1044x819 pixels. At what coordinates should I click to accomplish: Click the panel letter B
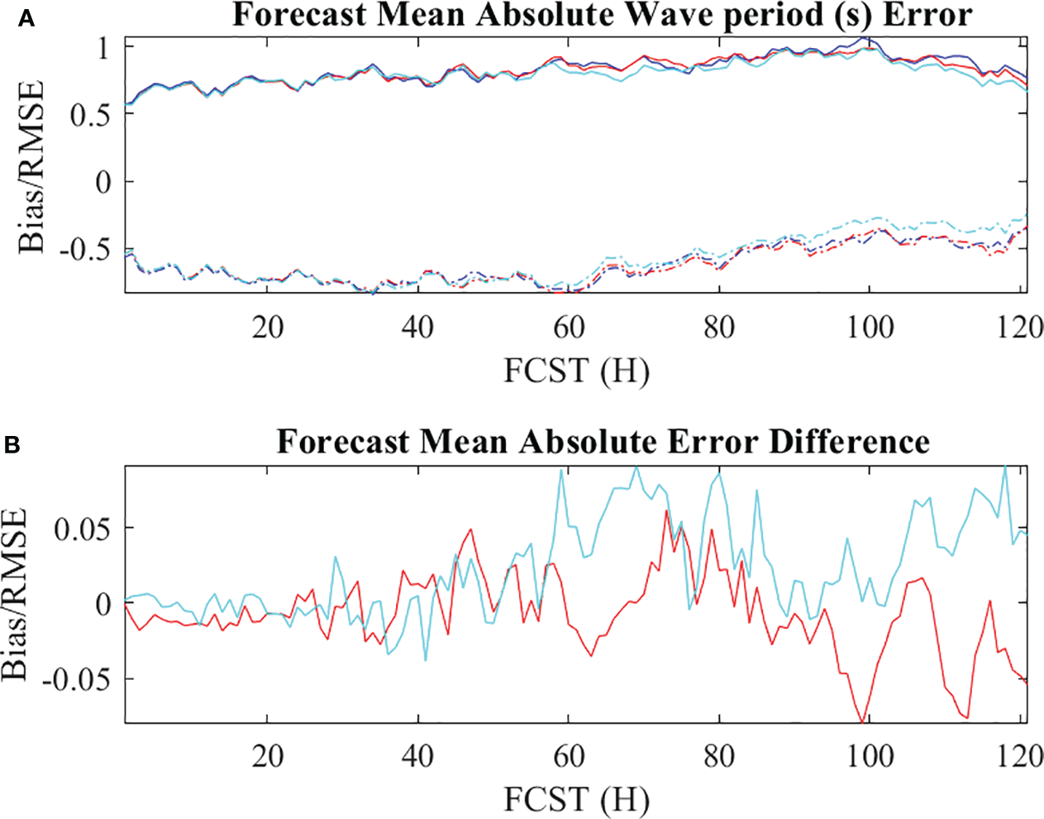pyautogui.click(x=12, y=445)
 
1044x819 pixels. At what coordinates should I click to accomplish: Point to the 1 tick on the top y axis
pyautogui.click(x=102, y=48)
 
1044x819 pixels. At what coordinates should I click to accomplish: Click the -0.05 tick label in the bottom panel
pyautogui.click(x=78, y=679)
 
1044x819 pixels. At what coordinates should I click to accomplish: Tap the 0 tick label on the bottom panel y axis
pyautogui.click(x=102, y=604)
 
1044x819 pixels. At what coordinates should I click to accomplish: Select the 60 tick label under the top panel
pyautogui.click(x=569, y=328)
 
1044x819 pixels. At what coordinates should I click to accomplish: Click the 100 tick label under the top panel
pyautogui.click(x=870, y=328)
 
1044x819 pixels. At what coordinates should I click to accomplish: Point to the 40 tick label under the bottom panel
pyautogui.click(x=418, y=756)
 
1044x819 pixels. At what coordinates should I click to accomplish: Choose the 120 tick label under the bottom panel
pyautogui.click(x=1019, y=756)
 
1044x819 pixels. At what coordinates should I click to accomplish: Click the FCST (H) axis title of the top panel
pyautogui.click(x=577, y=371)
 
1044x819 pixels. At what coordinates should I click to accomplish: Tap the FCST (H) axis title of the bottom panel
pyautogui.click(x=577, y=799)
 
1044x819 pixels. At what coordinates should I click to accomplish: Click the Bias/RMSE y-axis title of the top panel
pyautogui.click(x=31, y=166)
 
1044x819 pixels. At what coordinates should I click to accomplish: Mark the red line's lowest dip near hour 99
pyautogui.click(x=863, y=722)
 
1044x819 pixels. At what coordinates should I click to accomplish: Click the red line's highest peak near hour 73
pyautogui.click(x=666, y=512)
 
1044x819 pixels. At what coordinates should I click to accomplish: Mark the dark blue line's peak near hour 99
pyautogui.click(x=863, y=37)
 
